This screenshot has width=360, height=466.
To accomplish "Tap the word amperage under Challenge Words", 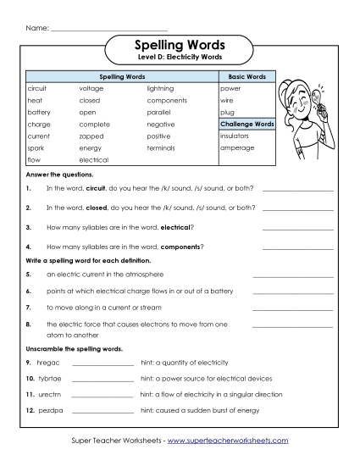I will click(236, 147).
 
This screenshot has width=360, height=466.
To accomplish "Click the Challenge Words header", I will click(247, 124).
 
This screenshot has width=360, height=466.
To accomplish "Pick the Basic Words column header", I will click(247, 77).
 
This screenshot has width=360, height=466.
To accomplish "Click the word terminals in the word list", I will click(161, 147).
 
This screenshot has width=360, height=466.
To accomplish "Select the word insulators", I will click(234, 136).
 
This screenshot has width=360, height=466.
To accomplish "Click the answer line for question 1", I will click(297, 190).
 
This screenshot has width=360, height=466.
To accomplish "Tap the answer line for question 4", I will click(297, 249).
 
